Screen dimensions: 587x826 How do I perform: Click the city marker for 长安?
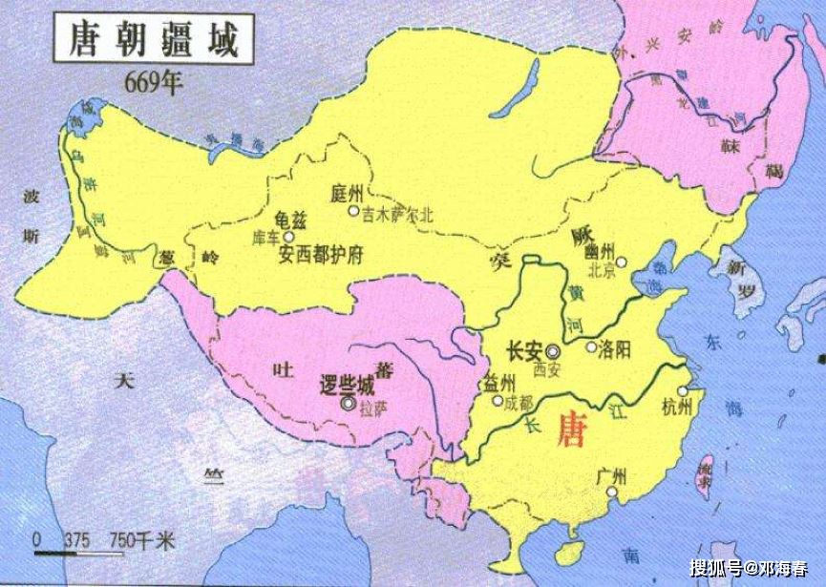(555, 350)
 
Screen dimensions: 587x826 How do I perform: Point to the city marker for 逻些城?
(345, 404)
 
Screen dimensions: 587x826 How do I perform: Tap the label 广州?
(610, 475)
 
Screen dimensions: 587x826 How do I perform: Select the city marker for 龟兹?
(289, 235)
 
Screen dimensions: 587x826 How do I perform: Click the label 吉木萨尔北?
(397, 215)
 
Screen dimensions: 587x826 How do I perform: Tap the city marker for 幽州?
(621, 261)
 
